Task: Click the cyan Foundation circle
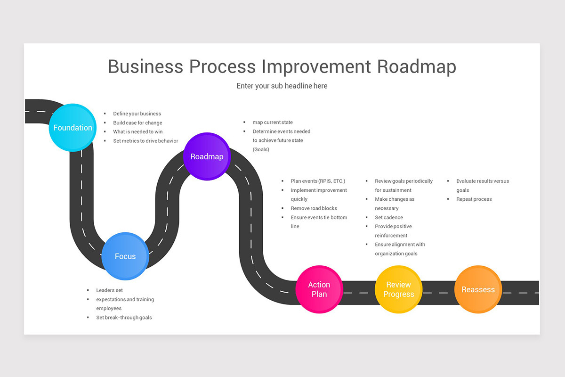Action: pos(73,127)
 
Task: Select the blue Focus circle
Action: pos(125,256)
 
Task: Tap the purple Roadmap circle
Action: pos(207,156)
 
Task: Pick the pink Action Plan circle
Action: pos(319,289)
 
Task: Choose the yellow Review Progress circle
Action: pos(398,289)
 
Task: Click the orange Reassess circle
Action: pos(478,289)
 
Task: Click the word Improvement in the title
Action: pos(316,66)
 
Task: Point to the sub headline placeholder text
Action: pos(282,86)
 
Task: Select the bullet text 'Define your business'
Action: pos(137,114)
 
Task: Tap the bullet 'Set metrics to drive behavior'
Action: pos(145,141)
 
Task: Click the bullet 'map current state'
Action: pos(273,123)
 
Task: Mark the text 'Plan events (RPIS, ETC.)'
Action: pos(318,181)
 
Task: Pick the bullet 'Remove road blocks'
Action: pos(314,208)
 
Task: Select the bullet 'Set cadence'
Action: pos(389,217)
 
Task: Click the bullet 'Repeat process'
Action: pos(474,199)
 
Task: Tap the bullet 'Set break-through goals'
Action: pos(124,318)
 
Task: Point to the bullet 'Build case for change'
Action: pos(137,123)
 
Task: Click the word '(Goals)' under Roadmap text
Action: pos(261,149)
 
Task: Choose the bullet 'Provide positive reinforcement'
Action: pos(393,231)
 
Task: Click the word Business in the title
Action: pos(145,66)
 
